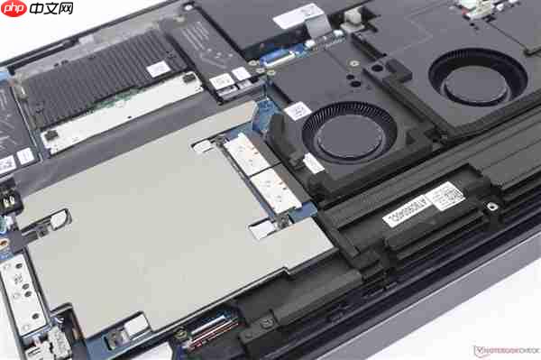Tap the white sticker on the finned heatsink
[159, 69]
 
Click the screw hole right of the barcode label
[491, 206]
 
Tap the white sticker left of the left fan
[298, 110]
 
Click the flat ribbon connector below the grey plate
[209, 329]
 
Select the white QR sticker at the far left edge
[7, 164]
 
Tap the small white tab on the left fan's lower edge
[314, 164]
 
